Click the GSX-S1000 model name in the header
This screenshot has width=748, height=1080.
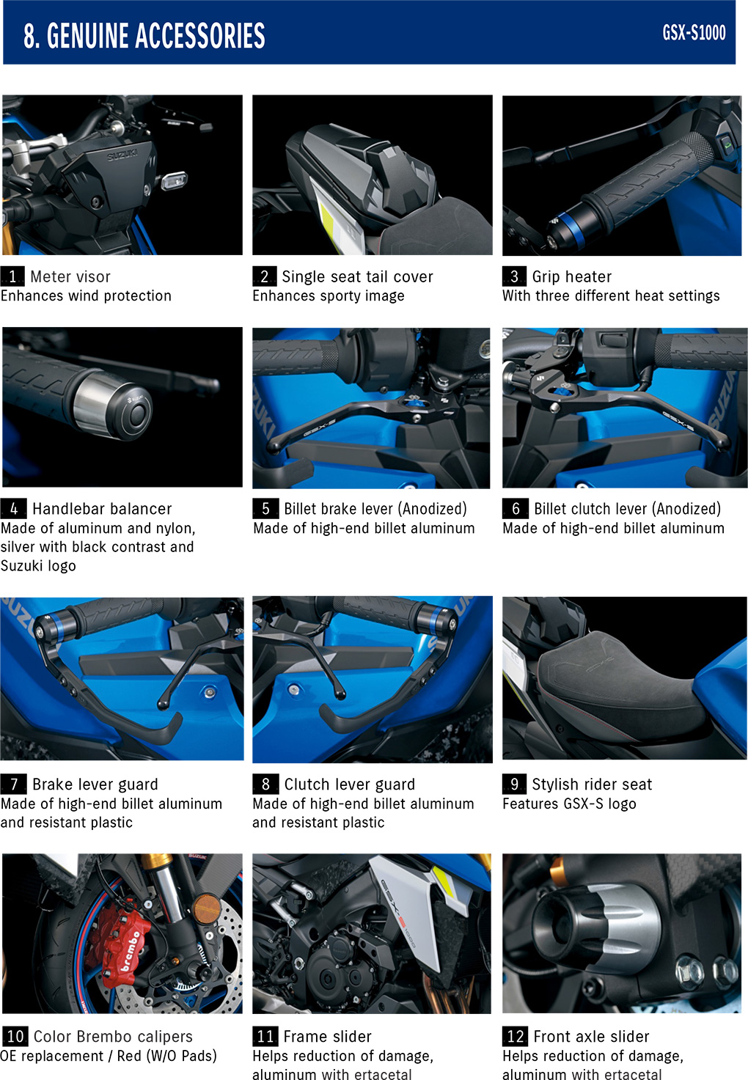[x=694, y=33]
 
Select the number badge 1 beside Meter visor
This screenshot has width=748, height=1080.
[x=12, y=276]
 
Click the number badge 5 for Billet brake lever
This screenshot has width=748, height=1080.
[x=265, y=509]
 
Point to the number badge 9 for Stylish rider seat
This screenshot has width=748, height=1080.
[x=515, y=784]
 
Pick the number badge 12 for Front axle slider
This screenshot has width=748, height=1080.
[x=515, y=1036]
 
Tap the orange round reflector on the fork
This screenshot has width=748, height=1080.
[x=206, y=908]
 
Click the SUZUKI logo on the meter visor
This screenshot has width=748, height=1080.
[x=122, y=155]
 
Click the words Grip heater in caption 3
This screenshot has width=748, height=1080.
[x=571, y=276]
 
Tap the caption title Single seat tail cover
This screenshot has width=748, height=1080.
[x=357, y=276]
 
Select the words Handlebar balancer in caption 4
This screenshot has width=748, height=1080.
[x=102, y=509]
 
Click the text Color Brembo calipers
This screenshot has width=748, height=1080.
[x=113, y=1036]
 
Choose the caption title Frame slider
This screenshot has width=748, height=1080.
[x=328, y=1036]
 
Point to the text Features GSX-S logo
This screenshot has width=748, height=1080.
[x=569, y=804]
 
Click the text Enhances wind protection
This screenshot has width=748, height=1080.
[x=86, y=295]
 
